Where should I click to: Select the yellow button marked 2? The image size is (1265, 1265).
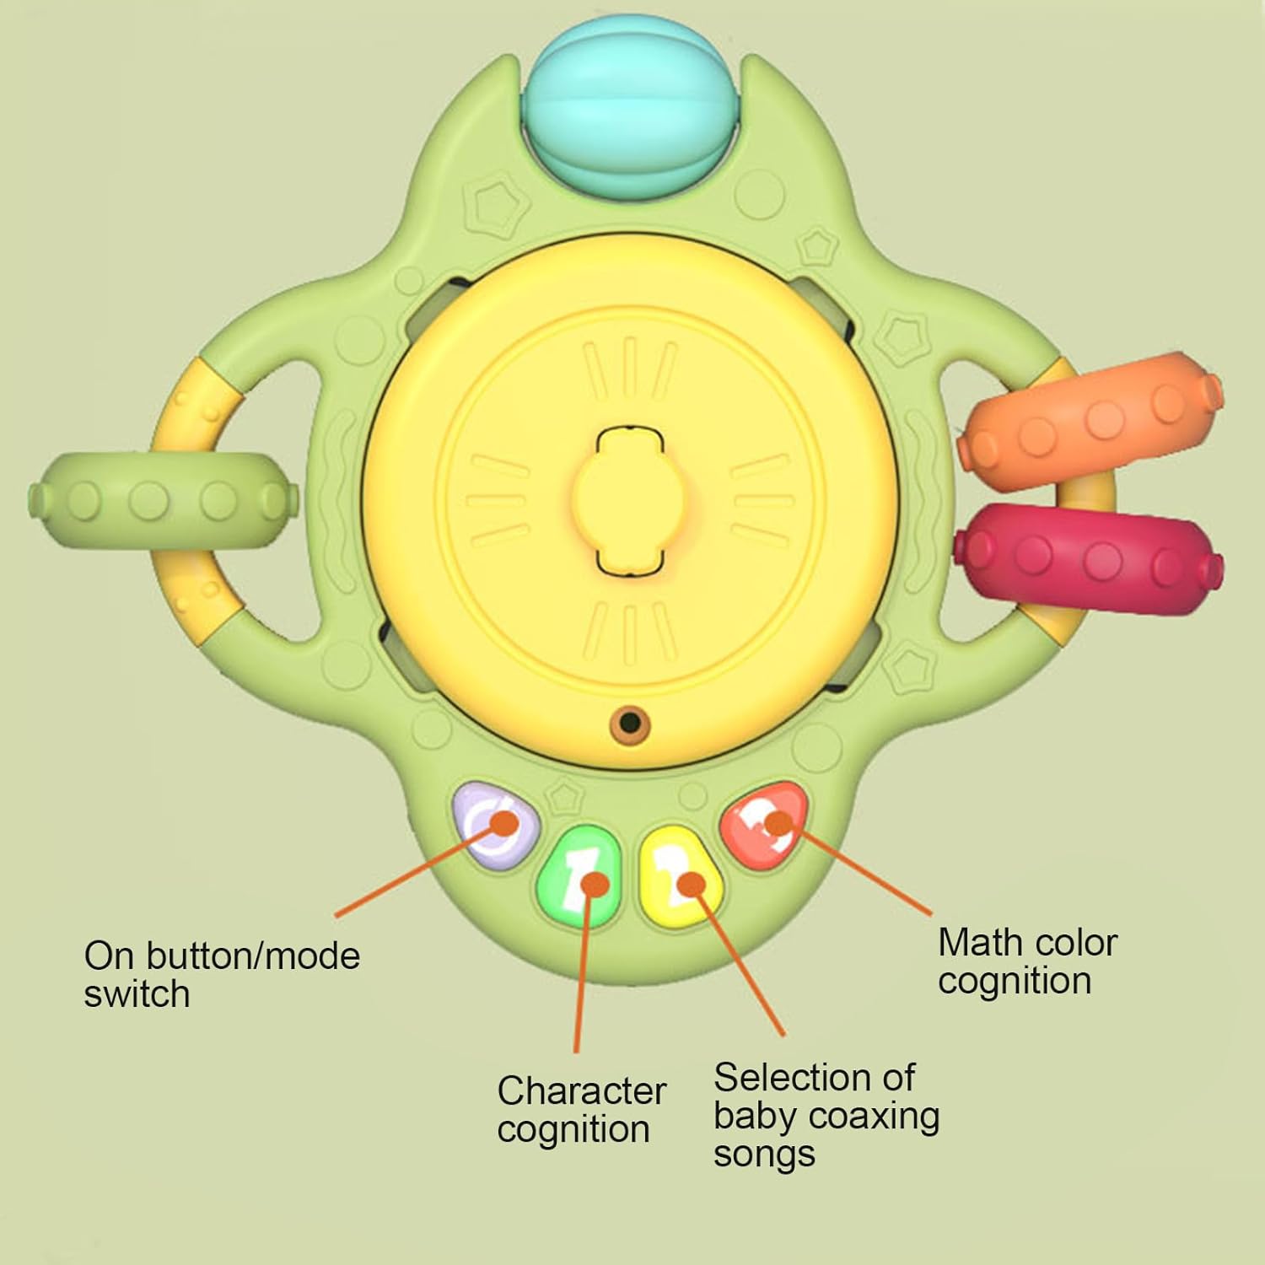coord(680,877)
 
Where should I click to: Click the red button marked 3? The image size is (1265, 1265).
coord(766,824)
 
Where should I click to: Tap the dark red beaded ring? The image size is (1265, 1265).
coord(1088,559)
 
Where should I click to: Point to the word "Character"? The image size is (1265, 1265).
coord(581,1090)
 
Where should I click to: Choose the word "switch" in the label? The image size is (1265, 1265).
coord(137,994)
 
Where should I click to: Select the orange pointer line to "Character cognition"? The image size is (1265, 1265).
coord(586,967)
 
